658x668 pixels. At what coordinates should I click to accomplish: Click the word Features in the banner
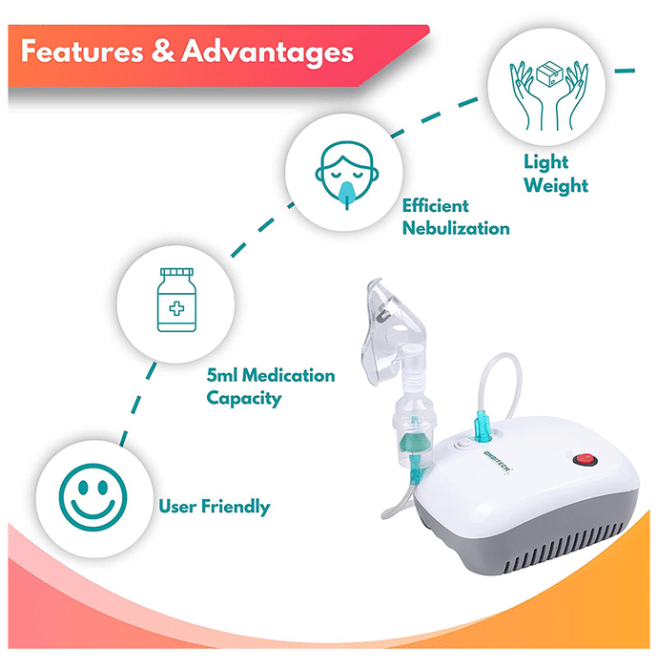[x=82, y=52]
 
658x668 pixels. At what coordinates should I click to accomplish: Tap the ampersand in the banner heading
[x=162, y=52]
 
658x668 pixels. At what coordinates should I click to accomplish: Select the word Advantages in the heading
[x=268, y=52]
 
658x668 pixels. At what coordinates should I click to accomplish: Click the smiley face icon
[x=93, y=497]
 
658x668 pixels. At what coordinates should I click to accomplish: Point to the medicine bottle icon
[x=176, y=300]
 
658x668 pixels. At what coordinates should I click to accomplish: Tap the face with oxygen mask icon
[x=347, y=175]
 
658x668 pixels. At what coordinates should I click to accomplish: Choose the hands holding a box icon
[x=549, y=95]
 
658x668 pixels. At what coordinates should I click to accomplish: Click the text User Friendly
[x=214, y=507]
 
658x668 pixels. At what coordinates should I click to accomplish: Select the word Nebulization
[x=456, y=228]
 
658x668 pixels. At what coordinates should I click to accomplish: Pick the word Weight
[x=556, y=186]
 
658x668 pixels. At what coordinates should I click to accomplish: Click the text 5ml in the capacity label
[x=221, y=375]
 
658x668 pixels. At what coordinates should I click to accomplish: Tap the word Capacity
[x=244, y=398]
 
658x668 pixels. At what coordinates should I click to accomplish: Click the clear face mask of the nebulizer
[x=389, y=329]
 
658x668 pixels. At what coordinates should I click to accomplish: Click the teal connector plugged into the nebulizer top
[x=483, y=427]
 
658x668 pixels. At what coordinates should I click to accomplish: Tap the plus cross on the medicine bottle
[x=176, y=308]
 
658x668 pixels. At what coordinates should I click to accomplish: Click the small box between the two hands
[x=549, y=74]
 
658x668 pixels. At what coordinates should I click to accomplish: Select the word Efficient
[x=436, y=206]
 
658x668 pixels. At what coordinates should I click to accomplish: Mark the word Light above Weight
[x=546, y=162]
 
